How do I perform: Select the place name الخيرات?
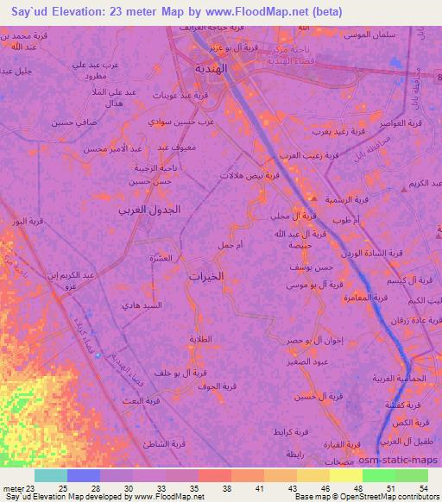pos(206,277)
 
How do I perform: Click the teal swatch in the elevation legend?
pos(50,475)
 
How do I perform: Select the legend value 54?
pos(423,489)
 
